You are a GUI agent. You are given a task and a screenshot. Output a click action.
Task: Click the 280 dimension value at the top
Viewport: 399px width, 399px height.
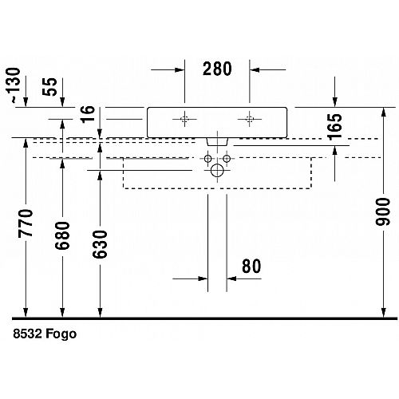217,69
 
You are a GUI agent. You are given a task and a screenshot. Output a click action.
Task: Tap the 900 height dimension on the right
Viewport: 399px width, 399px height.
382,211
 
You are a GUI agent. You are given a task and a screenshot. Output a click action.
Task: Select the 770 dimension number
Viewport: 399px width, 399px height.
26,223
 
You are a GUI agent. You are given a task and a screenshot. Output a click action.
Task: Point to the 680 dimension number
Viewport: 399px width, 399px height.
62,235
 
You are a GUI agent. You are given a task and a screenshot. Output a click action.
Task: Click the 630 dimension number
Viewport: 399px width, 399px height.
100,244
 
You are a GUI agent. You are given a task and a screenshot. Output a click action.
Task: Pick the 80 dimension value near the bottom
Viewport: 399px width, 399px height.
251,266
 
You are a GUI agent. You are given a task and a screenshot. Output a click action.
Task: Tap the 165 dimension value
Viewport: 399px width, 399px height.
334,127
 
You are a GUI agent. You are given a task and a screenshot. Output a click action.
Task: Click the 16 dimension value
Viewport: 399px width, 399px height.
88,114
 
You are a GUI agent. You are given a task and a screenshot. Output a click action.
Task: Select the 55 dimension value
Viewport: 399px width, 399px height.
49,87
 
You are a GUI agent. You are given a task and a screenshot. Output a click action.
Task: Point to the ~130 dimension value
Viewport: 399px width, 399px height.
13,85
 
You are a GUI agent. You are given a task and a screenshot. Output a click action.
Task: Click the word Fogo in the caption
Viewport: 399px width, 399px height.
61,334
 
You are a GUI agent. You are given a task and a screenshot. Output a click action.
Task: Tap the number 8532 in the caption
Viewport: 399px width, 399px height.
28,334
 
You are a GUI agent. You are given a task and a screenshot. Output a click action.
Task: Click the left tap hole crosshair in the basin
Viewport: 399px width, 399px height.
184,119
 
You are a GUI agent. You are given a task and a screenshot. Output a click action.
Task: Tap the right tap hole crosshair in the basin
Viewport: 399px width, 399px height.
250,119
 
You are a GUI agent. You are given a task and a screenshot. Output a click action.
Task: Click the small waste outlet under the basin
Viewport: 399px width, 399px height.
217,142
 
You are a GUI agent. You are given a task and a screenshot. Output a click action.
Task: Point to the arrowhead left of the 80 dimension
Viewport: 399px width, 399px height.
203,279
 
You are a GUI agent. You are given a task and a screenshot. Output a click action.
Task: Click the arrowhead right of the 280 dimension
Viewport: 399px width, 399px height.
255,70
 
